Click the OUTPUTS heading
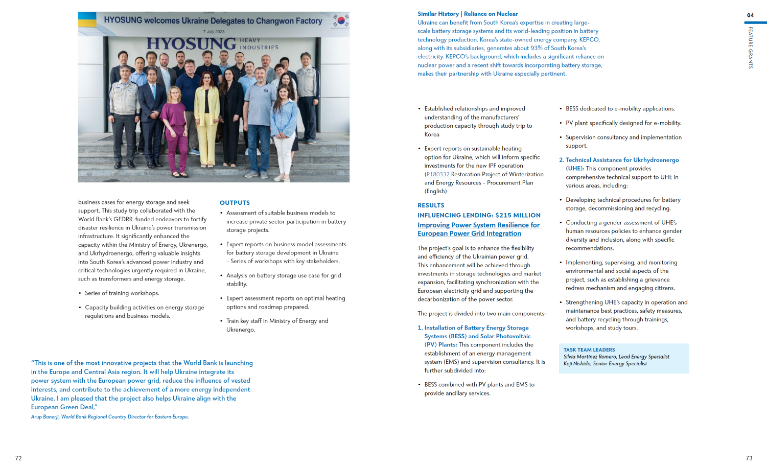[235, 203]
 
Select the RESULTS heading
[431, 205]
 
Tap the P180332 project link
[438, 174]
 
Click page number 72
[18, 458]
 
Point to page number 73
[749, 458]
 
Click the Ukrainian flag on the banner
[87, 20]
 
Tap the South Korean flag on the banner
[341, 20]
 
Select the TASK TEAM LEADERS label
[589, 350]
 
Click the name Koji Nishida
[577, 364]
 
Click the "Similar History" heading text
[438, 14]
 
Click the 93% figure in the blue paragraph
[536, 48]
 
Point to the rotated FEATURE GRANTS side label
[750, 48]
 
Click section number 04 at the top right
[750, 15]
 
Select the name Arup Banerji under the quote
[44, 417]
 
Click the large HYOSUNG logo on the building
[191, 43]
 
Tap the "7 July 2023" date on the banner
[214, 32]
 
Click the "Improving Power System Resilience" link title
[478, 225]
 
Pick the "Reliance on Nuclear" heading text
[491, 14]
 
